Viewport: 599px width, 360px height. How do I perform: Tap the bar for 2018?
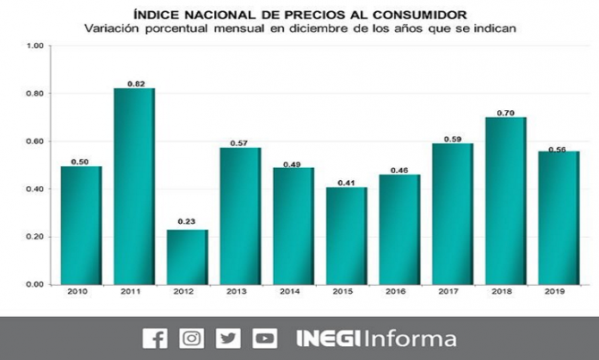click(x=505, y=201)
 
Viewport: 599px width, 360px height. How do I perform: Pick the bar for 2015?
click(x=346, y=235)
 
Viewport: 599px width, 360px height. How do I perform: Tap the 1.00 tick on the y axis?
click(x=34, y=46)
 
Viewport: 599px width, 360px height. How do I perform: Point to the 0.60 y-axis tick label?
click(x=34, y=141)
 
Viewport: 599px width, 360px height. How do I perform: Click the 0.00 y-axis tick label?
click(x=34, y=284)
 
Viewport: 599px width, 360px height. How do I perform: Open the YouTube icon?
click(x=263, y=338)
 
